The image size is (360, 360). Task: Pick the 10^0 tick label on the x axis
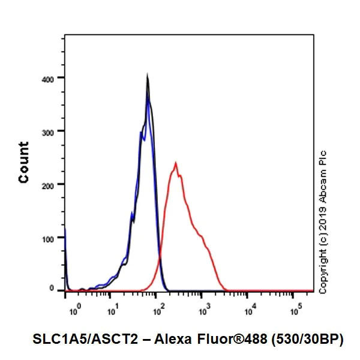[x=75, y=311]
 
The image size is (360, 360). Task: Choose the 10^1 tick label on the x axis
[x=112, y=311]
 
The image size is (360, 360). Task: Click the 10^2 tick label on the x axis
[x=158, y=311]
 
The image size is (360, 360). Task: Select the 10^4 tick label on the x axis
[x=250, y=311]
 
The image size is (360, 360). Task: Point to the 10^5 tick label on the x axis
[x=296, y=311]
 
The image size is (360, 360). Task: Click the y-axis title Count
[x=24, y=162]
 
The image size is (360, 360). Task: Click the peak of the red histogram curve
[x=175, y=163]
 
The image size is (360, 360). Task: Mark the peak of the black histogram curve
[x=147, y=76]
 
